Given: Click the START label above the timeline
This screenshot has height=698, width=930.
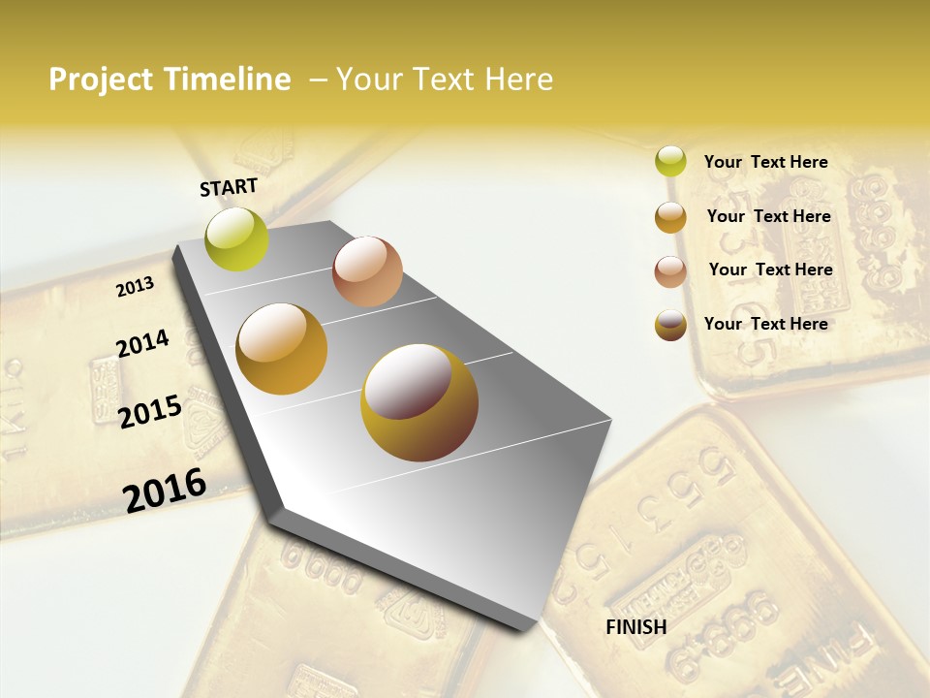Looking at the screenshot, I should click(229, 187).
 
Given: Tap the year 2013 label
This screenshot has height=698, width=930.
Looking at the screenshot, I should click(135, 286).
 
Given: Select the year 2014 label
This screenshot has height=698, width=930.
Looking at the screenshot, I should click(142, 343).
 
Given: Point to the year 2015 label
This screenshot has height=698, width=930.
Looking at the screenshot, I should click(150, 411).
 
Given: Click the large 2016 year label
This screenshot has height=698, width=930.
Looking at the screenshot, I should click(165, 490).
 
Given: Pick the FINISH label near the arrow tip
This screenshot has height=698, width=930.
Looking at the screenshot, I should click(635, 627).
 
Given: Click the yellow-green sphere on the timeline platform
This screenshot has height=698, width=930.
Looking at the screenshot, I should click(236, 238).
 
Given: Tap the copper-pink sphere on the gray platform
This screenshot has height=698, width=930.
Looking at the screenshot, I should click(367, 271).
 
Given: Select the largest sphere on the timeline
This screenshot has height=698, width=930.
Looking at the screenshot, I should click(419, 402).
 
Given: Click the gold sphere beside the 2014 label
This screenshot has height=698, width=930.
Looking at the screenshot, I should click(282, 349).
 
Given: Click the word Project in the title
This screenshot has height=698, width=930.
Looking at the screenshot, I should click(102, 79).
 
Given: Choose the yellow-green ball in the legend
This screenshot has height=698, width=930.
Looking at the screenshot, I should click(670, 161).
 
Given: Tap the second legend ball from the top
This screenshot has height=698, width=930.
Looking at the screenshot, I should click(670, 217).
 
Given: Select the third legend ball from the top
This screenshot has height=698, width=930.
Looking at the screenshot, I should click(670, 271).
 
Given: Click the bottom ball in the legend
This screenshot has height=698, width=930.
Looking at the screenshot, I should click(670, 325).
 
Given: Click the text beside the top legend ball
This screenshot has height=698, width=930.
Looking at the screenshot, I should click(765, 162).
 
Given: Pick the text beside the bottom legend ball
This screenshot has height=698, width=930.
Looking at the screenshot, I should click(765, 324).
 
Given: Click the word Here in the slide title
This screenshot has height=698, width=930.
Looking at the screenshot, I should click(518, 79).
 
